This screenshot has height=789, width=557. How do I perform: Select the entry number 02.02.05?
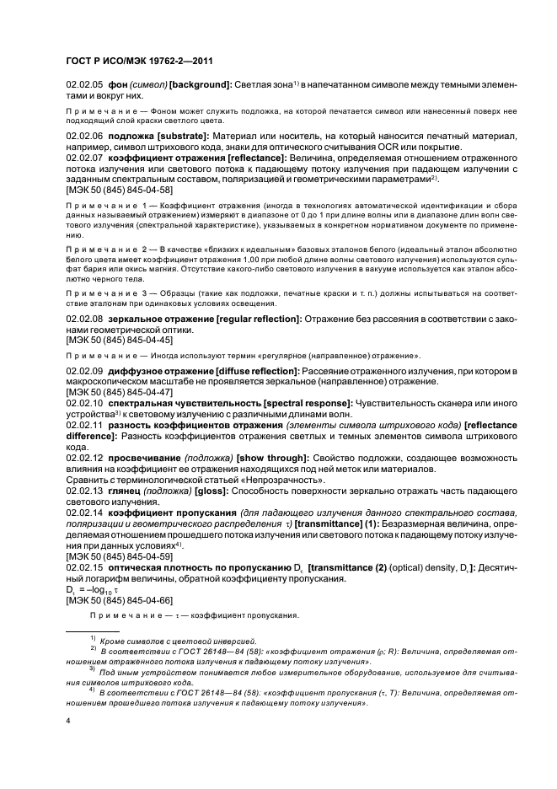pos(84,85)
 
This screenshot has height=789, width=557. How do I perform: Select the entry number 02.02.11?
pos(84,426)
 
